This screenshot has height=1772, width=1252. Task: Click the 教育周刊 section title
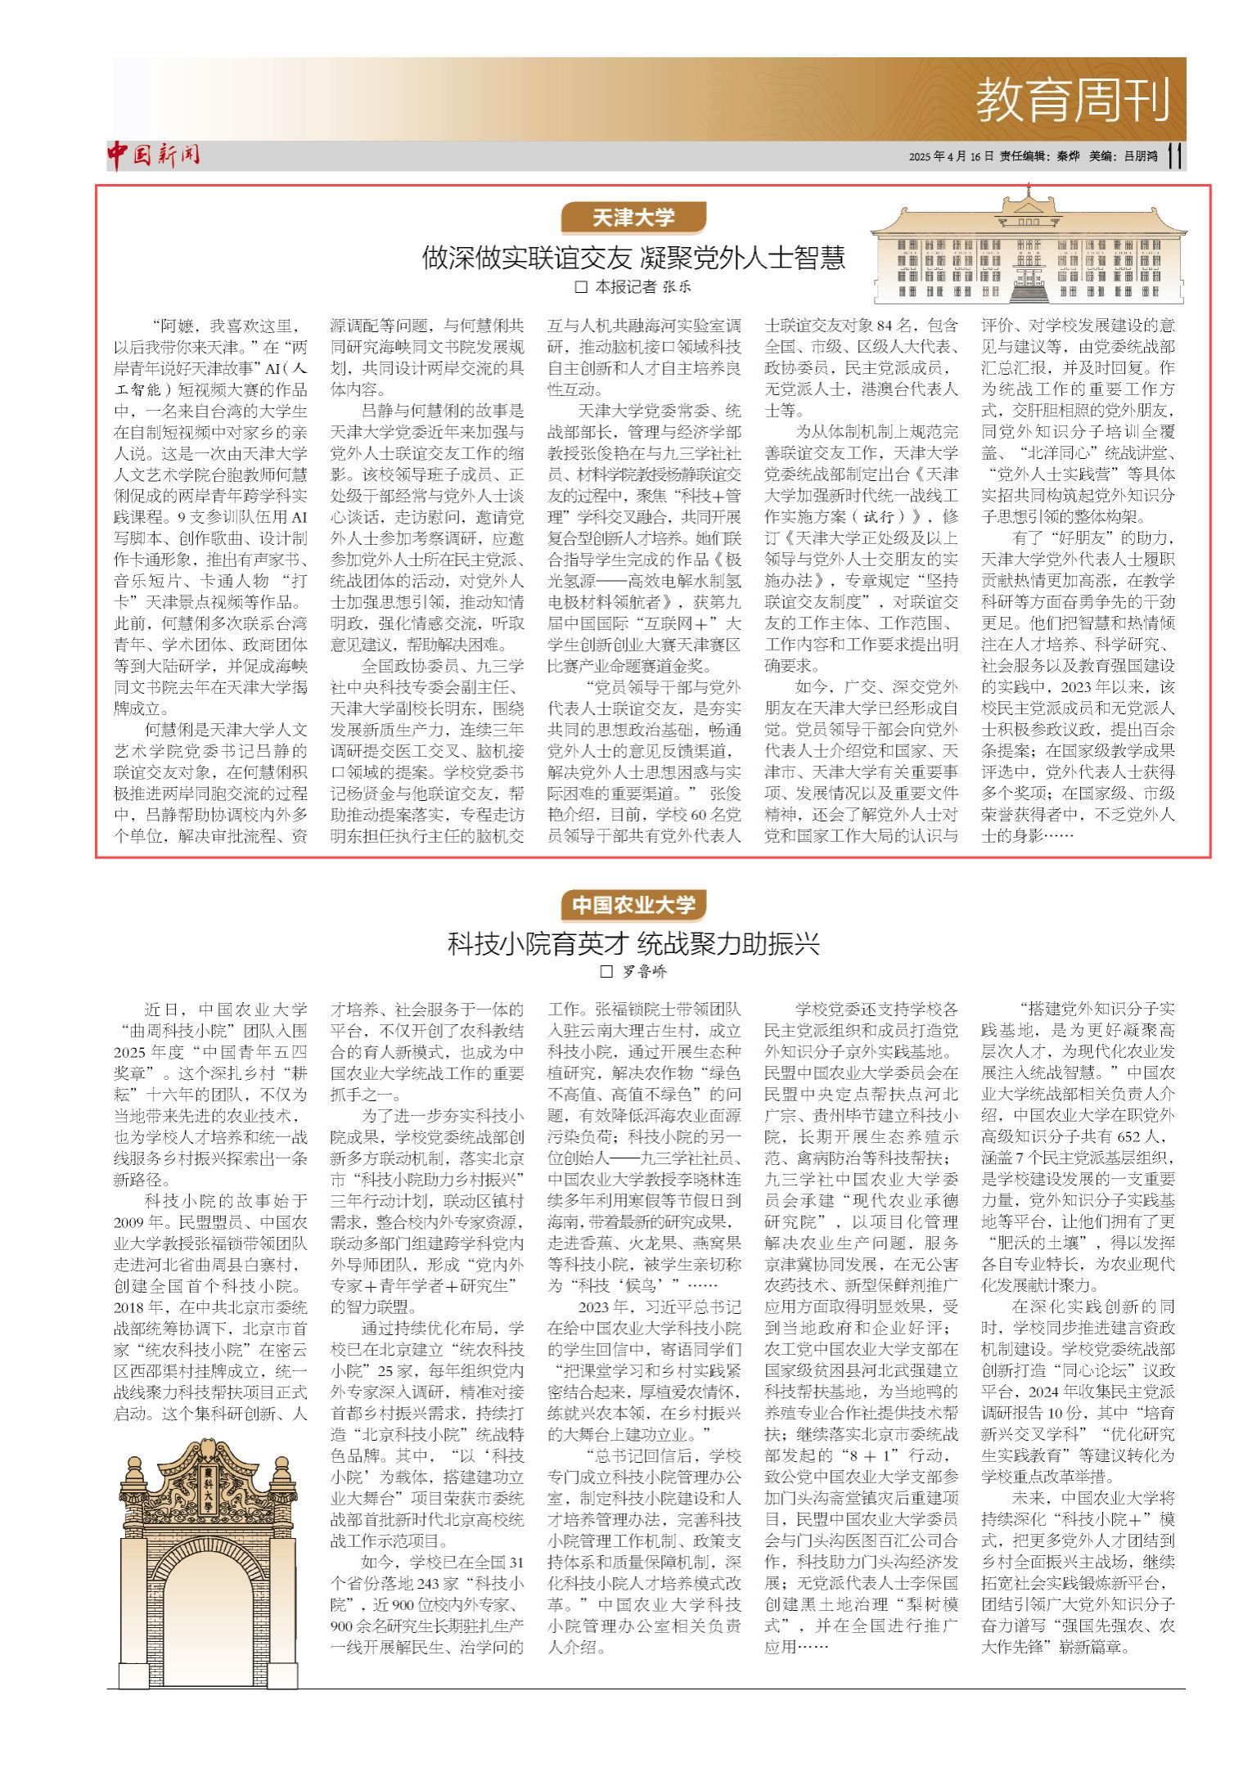[1073, 100]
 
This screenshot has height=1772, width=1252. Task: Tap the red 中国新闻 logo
[153, 155]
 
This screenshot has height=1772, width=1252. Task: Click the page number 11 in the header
[1175, 155]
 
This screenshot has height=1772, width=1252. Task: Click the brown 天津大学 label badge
[633, 218]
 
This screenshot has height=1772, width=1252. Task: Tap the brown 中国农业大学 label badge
[633, 905]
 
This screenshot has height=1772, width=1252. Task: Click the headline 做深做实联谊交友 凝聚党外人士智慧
[633, 258]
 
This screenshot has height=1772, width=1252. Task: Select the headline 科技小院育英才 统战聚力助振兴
[633, 944]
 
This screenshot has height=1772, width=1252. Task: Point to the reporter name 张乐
[678, 287]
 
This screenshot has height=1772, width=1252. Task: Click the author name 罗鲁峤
[644, 972]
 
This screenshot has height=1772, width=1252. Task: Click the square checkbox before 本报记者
[582, 287]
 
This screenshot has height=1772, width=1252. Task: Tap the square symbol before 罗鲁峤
[606, 972]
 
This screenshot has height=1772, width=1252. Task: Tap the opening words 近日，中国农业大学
[226, 1010]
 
